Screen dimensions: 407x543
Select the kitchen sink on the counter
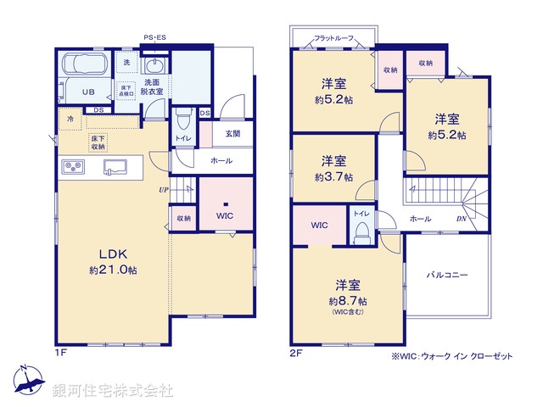[115, 166]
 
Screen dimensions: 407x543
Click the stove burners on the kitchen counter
[72, 167]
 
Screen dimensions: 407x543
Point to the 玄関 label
[232, 133]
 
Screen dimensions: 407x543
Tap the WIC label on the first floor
[225, 216]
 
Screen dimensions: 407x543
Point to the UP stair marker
[161, 189]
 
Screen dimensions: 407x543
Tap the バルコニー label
[446, 276]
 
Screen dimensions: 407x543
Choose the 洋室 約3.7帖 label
[333, 168]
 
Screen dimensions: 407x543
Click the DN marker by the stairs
[461, 218]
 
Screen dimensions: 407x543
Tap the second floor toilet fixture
[362, 229]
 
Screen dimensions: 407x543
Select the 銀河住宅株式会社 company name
[113, 390]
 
